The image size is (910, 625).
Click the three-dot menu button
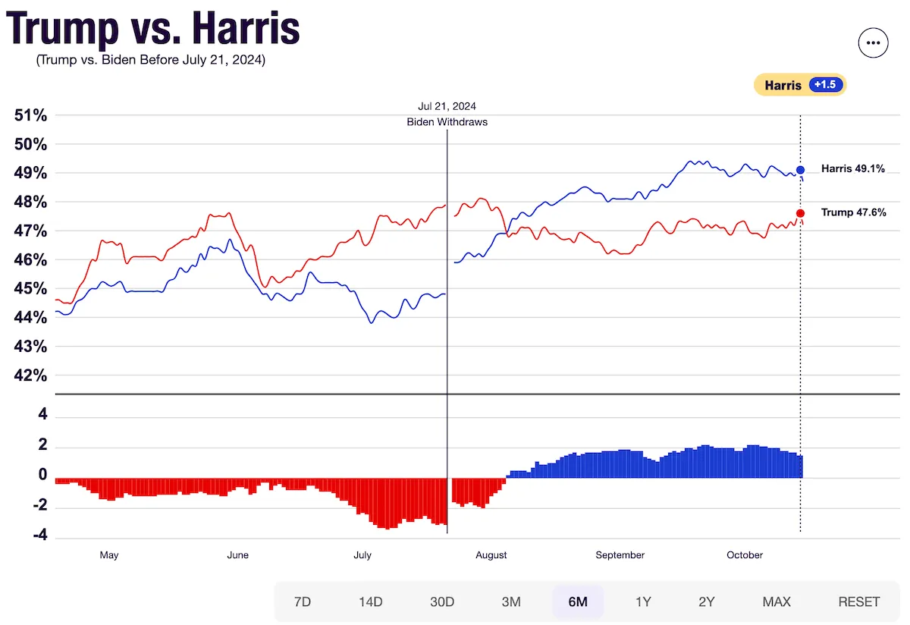tap(873, 43)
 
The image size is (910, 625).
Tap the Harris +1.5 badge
tap(799, 85)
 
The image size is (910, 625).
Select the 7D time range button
tap(302, 601)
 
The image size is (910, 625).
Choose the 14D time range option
tap(370, 601)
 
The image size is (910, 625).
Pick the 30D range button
tap(441, 601)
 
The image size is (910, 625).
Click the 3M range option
tap(511, 601)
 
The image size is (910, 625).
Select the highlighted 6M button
tap(578, 601)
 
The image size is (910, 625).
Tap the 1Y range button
tap(643, 601)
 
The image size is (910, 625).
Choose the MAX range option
tap(777, 601)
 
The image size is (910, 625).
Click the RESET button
tap(858, 601)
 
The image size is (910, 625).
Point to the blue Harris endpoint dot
tap(801, 170)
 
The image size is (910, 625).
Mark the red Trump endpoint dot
tap(801, 213)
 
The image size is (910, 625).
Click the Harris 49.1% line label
tap(852, 169)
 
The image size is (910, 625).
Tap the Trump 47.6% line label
tap(853, 212)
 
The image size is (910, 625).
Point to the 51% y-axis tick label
tap(30, 115)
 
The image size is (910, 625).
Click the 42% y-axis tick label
tap(30, 375)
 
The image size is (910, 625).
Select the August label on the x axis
tap(491, 555)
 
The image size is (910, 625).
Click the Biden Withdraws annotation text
tap(447, 121)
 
